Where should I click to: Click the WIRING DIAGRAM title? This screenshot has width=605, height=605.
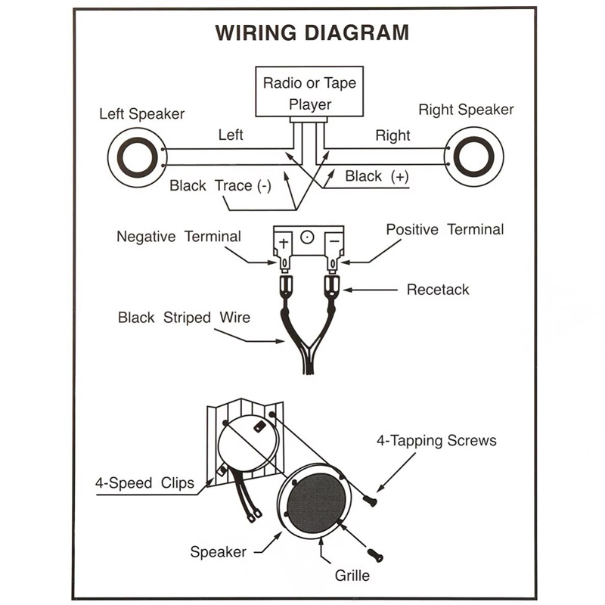312,33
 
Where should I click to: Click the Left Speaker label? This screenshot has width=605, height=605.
142,114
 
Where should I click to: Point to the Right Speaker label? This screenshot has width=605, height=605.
466,110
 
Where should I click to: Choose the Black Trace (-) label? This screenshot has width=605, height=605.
220,185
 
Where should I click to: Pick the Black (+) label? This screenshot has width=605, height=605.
377,176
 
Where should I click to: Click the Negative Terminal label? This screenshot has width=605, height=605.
178,237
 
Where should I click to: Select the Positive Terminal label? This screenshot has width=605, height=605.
445,229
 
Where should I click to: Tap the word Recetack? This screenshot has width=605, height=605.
438,290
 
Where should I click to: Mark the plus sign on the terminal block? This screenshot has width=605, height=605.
284,244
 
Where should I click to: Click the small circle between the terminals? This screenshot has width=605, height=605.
307,237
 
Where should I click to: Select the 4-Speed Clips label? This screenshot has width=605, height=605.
144,483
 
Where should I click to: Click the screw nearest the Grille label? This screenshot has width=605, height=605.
374,556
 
